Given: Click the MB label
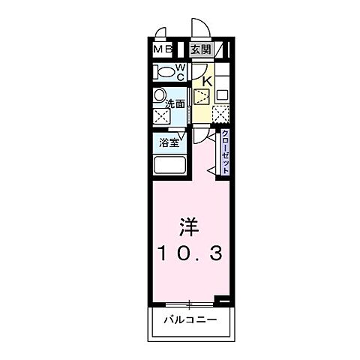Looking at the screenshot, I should [x=163, y=49].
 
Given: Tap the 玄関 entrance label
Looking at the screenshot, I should [x=199, y=49].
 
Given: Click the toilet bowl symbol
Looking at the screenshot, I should [x=163, y=72].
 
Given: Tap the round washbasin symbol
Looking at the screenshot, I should [x=159, y=95].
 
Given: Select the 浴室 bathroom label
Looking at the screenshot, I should [x=169, y=141].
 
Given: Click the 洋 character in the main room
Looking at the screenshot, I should [x=190, y=226].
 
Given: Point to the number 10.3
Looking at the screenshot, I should [x=190, y=255].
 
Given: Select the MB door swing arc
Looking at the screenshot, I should [x=160, y=34].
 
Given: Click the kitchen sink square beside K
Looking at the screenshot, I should [x=201, y=96].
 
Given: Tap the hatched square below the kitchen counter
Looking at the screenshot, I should [x=221, y=114].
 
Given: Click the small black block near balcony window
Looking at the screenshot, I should [x=222, y=300].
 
